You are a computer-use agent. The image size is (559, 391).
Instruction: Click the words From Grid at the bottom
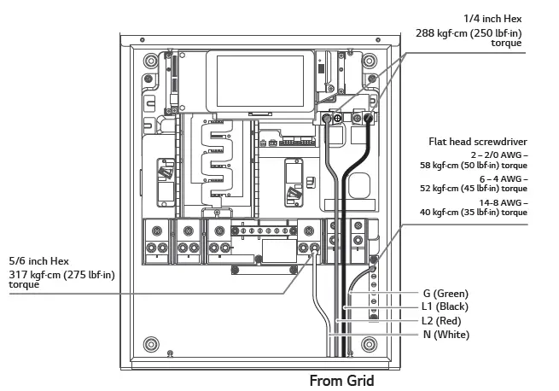point(341,381)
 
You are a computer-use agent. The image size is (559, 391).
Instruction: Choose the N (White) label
point(445,334)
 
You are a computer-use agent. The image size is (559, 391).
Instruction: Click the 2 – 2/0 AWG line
point(498,155)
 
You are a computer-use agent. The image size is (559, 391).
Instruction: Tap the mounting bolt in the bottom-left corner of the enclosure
point(150,342)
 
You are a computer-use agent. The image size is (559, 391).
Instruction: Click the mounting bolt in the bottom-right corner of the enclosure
point(370,343)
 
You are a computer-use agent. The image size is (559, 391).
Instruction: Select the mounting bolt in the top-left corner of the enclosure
point(150,61)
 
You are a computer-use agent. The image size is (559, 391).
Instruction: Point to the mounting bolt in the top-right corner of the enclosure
point(370,61)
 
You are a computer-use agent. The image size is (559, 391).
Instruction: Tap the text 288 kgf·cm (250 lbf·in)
point(469,33)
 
